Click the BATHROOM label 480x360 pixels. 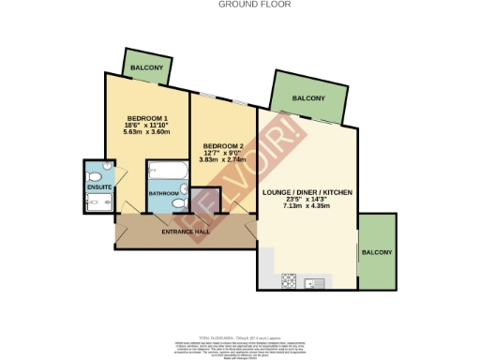[x=164, y=194]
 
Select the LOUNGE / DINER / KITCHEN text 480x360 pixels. [x=307, y=191]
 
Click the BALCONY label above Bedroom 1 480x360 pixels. [x=144, y=68]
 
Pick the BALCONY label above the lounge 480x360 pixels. [x=307, y=98]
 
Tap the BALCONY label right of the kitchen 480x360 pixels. [x=379, y=252]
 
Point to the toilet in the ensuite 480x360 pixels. [x=107, y=171]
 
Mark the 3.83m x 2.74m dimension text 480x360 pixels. [x=221, y=160]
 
